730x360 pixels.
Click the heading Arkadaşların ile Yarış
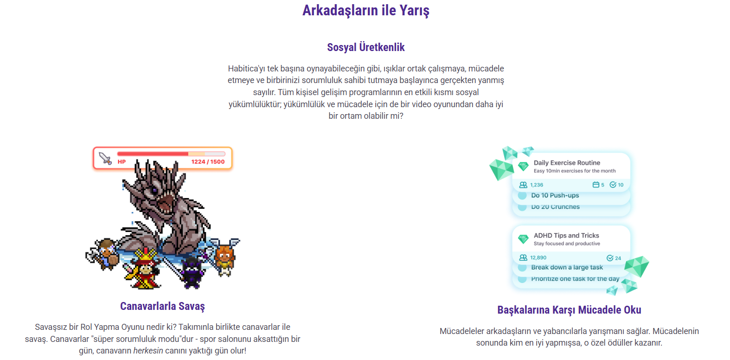point(365,10)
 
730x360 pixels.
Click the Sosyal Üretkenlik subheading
point(365,47)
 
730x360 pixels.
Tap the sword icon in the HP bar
point(105,158)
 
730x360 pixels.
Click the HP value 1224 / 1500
point(208,162)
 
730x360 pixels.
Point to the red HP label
point(122,162)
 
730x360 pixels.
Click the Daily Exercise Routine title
point(567,163)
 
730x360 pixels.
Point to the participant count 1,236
point(537,185)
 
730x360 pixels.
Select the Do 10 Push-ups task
point(555,195)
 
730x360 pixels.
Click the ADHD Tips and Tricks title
point(566,235)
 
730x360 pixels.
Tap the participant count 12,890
point(538,257)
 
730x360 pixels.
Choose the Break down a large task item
point(567,267)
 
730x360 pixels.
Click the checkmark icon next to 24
point(610,258)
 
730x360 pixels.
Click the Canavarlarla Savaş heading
point(162,306)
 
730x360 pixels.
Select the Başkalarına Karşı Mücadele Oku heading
point(569,310)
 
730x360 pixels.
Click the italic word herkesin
point(148,351)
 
